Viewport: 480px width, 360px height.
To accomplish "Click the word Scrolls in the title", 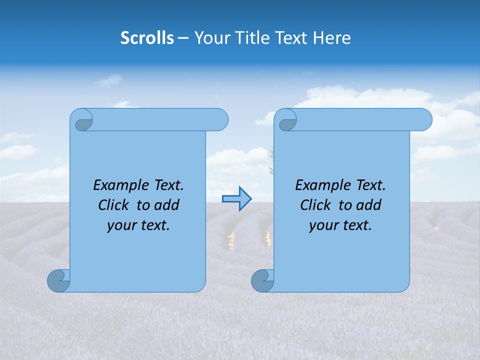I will (147, 38).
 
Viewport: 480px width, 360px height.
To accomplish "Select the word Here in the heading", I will (331, 38).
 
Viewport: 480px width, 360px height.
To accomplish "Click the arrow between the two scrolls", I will (236, 199).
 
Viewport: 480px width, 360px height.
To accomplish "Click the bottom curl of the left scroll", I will (58, 280).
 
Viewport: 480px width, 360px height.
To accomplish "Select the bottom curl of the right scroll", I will (262, 280).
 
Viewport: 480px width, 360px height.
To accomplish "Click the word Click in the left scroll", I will (114, 205).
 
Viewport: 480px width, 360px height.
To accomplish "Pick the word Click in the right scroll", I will (316, 205).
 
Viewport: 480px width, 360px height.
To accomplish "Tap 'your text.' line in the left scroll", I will (138, 225).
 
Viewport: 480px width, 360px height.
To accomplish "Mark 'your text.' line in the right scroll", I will (340, 225).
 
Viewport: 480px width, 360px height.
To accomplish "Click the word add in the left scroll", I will (167, 205).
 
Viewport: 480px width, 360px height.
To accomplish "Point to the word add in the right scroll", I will (369, 205).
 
